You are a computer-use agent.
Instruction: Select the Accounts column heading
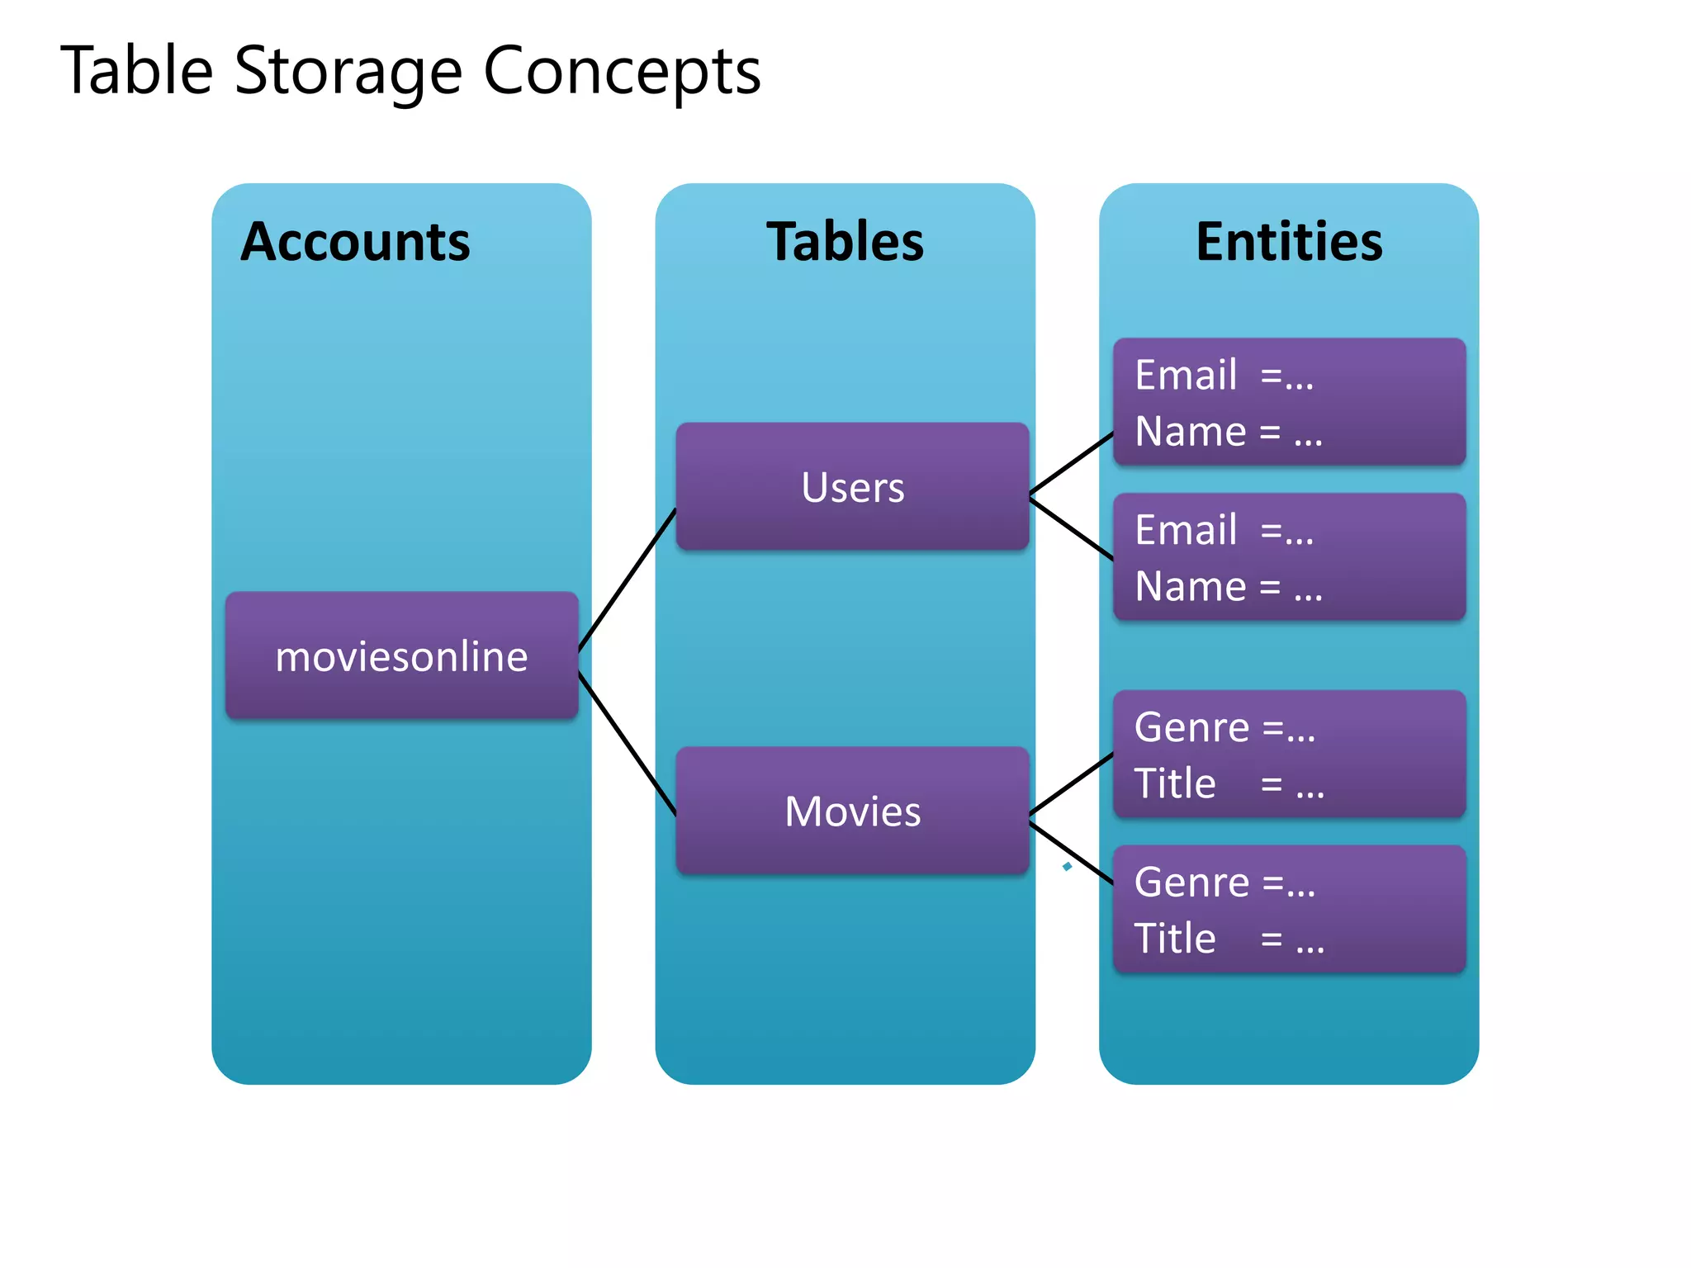[355, 242]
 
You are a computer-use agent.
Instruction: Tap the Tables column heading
[845, 242]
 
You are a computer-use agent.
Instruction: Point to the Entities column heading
[1289, 242]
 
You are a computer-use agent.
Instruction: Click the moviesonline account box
[401, 656]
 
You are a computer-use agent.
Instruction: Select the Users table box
[852, 487]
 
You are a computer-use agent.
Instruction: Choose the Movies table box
[852, 811]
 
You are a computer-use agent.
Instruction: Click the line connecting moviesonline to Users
[627, 580]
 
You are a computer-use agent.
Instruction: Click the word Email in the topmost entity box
[1186, 376]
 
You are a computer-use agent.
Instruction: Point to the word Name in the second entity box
[1191, 587]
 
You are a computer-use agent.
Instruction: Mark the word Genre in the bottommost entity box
[1191, 882]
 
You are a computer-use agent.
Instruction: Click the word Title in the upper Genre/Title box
[1175, 783]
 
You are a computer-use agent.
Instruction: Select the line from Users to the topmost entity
[1072, 464]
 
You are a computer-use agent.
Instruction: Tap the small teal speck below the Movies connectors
[1067, 866]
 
